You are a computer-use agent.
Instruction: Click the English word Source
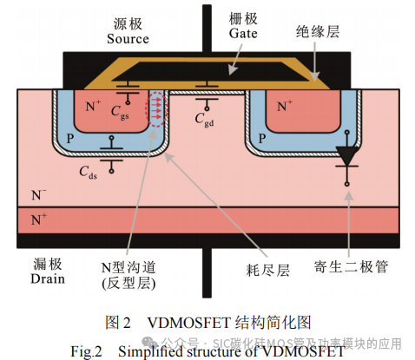point(128,39)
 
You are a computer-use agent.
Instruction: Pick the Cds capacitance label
point(89,173)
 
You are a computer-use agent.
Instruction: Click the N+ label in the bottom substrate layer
point(39,220)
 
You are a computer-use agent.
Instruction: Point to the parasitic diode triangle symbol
point(348,156)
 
